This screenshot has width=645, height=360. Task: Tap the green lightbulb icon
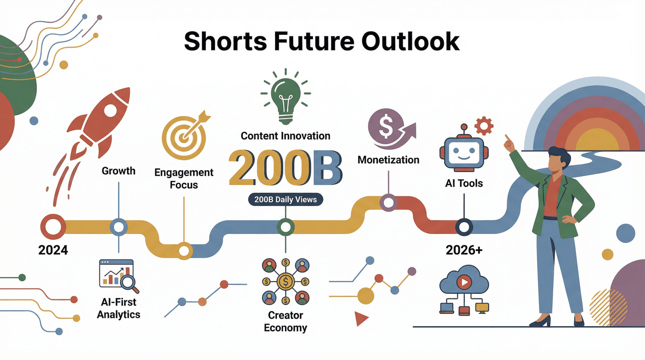click(x=286, y=98)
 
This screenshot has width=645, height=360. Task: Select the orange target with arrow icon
click(x=184, y=134)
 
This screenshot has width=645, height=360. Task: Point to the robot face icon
click(x=463, y=151)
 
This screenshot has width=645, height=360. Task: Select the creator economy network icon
click(x=286, y=281)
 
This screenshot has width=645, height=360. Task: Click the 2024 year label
click(x=53, y=249)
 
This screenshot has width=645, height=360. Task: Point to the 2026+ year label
click(x=464, y=249)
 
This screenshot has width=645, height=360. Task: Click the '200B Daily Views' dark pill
click(x=286, y=199)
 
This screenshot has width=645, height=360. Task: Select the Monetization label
click(x=388, y=160)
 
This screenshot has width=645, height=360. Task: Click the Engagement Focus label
click(x=184, y=178)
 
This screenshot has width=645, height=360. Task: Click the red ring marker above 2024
click(x=53, y=227)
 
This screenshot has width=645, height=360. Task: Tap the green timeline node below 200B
click(x=286, y=227)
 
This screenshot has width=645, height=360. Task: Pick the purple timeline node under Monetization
click(x=388, y=202)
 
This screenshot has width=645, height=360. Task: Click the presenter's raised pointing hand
click(x=509, y=143)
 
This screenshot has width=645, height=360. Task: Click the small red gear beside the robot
click(x=484, y=125)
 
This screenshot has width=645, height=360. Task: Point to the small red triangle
click(x=361, y=319)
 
